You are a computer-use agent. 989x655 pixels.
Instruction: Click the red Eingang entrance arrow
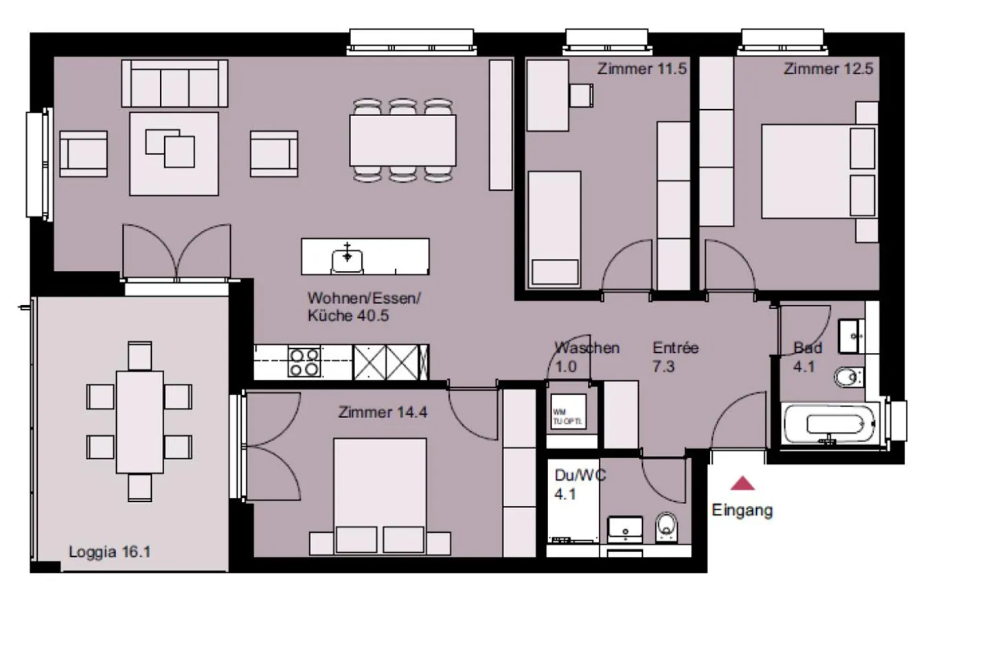coord(742,484)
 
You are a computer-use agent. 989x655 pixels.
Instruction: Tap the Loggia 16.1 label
coord(109,551)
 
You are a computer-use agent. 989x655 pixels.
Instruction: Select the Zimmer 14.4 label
coord(383,412)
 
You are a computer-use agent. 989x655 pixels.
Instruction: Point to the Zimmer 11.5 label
coord(641,69)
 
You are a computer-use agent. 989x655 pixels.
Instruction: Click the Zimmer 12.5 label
coord(828,69)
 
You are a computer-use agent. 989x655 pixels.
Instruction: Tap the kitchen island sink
coord(348,258)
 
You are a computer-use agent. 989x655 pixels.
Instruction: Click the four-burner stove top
coord(304,362)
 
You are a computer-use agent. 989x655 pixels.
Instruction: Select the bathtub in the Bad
coord(830,424)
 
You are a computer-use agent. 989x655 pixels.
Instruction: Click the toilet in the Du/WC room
coord(666,527)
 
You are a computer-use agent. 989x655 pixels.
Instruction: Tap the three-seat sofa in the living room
coord(174,84)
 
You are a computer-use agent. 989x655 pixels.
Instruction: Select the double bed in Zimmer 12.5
coord(817,171)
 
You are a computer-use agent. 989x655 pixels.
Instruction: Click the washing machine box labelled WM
coord(568,413)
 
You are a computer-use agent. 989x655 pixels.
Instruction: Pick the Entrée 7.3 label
coord(674,357)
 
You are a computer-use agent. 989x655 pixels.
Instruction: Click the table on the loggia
coord(139,422)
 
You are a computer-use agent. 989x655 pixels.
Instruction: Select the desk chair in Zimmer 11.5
coord(581,95)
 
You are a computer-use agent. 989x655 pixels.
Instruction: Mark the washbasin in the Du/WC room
coord(625,529)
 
